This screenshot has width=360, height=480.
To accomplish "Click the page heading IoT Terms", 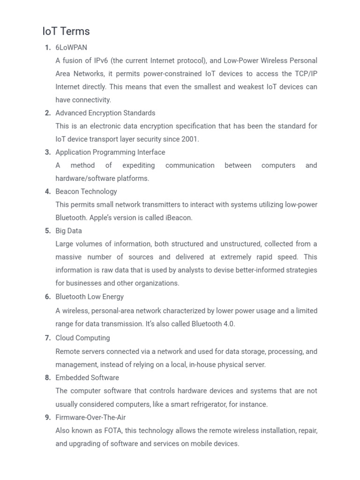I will (66, 31).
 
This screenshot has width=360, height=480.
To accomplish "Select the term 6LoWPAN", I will (71, 47).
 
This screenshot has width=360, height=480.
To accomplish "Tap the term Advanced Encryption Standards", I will (105, 113).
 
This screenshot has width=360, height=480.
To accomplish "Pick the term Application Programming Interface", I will (110, 152).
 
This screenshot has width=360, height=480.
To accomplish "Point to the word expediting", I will (139, 165).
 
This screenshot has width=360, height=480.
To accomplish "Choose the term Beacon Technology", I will (86, 192).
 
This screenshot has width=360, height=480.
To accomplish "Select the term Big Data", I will (68, 231).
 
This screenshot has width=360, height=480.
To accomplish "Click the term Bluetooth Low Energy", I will (90, 297).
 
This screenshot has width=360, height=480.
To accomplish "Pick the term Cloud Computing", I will (82, 338).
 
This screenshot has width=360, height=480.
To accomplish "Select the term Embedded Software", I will (87, 378).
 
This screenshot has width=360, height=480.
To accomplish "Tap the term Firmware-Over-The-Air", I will (90, 418).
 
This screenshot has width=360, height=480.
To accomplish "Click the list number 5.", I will (48, 231).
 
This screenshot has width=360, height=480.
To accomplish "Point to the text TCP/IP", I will (306, 74).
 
